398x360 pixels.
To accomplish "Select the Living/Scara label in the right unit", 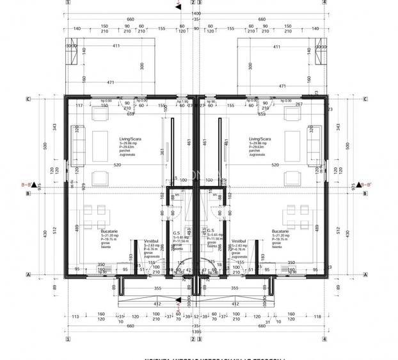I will point(260,138).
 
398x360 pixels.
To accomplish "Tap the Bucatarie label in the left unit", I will point(110,231).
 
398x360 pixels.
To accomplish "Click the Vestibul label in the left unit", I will point(150,240).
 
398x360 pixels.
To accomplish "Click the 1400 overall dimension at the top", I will point(195,13).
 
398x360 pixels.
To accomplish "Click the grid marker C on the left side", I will point(28,99).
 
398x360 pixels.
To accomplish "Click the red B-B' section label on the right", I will point(366,185).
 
